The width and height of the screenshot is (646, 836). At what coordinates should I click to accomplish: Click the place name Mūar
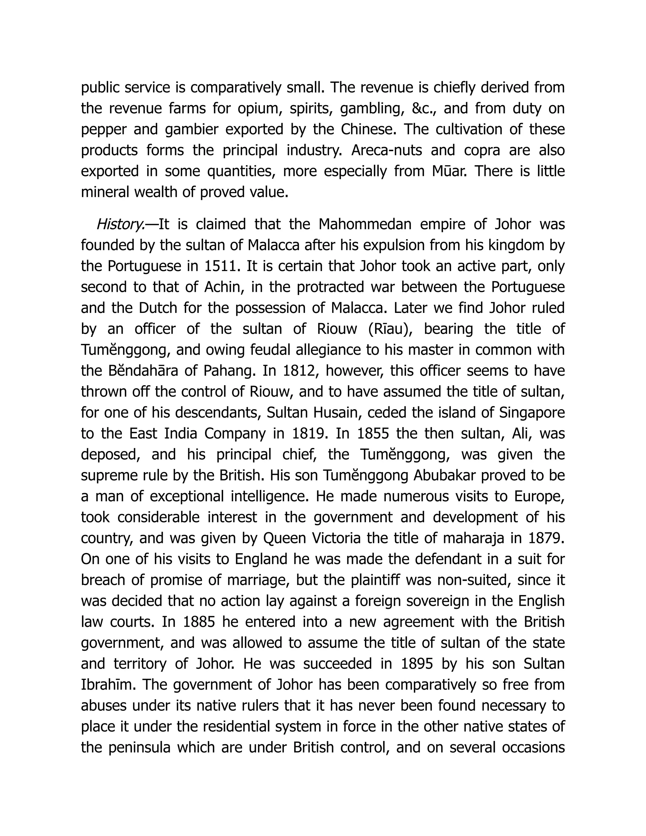(449, 171)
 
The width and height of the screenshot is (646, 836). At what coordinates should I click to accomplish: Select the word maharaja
(473, 538)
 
